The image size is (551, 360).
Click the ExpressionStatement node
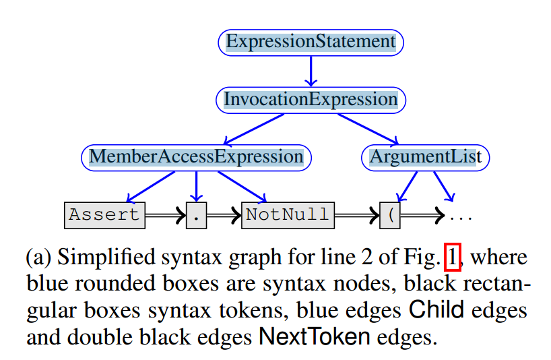coord(311,42)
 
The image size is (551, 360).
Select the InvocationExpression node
coord(311,100)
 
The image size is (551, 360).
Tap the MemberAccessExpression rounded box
coord(196,157)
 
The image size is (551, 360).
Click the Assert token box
coord(105,215)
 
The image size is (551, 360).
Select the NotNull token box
coord(287,215)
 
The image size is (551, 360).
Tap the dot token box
coord(196,216)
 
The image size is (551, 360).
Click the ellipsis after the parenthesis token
coord(461,217)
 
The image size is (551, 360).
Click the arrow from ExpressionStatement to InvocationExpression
coord(311,71)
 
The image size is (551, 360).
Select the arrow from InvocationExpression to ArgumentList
coord(368,128)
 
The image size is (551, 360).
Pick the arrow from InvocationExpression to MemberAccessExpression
coord(253,129)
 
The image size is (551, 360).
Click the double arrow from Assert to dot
coord(166,216)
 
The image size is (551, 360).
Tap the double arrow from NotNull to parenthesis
coord(356,216)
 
